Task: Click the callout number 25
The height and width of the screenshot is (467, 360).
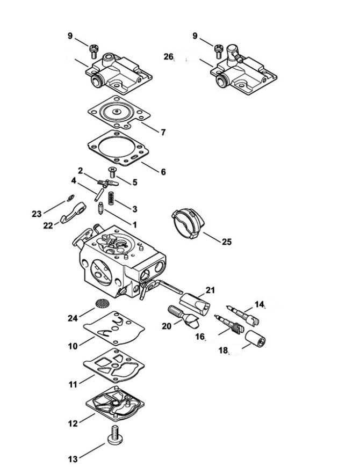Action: [x=227, y=242]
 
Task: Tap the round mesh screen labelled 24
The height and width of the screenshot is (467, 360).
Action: [x=102, y=303]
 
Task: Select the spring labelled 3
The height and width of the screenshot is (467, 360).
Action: [x=111, y=198]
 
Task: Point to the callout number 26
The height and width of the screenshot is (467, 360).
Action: [x=168, y=56]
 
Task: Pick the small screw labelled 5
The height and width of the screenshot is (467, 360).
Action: [x=112, y=172]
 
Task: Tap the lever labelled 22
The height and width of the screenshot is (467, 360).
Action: [x=73, y=213]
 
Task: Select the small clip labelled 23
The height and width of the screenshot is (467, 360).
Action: [x=71, y=198]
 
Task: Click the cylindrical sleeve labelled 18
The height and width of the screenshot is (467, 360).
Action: [x=255, y=339]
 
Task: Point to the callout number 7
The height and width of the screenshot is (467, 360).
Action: [x=163, y=132]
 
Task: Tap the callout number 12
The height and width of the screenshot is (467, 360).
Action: [x=73, y=423]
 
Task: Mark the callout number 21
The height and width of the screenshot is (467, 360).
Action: [x=210, y=290]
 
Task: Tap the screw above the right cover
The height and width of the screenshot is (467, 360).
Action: [x=219, y=51]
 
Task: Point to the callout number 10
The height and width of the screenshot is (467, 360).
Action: [x=73, y=346]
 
